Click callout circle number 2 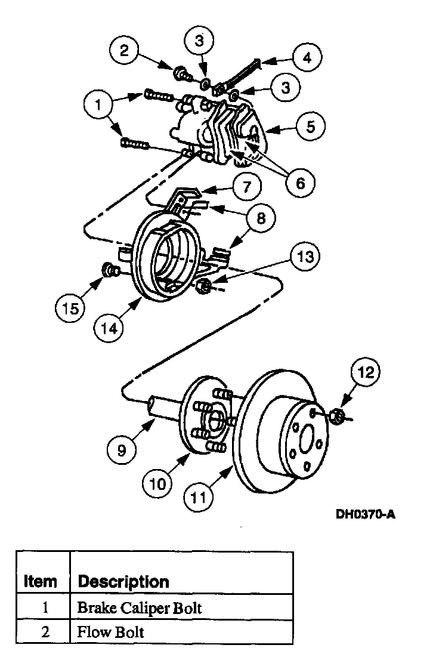pos(123,50)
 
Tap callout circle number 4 pos(306,58)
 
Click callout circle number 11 pos(201,495)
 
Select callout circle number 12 pos(366,373)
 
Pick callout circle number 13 pos(304,257)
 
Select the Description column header pos(123,581)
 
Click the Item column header pos(41,581)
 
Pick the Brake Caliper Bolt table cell pos(140,608)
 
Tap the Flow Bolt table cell pos(111,631)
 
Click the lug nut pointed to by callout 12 pos(336,415)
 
